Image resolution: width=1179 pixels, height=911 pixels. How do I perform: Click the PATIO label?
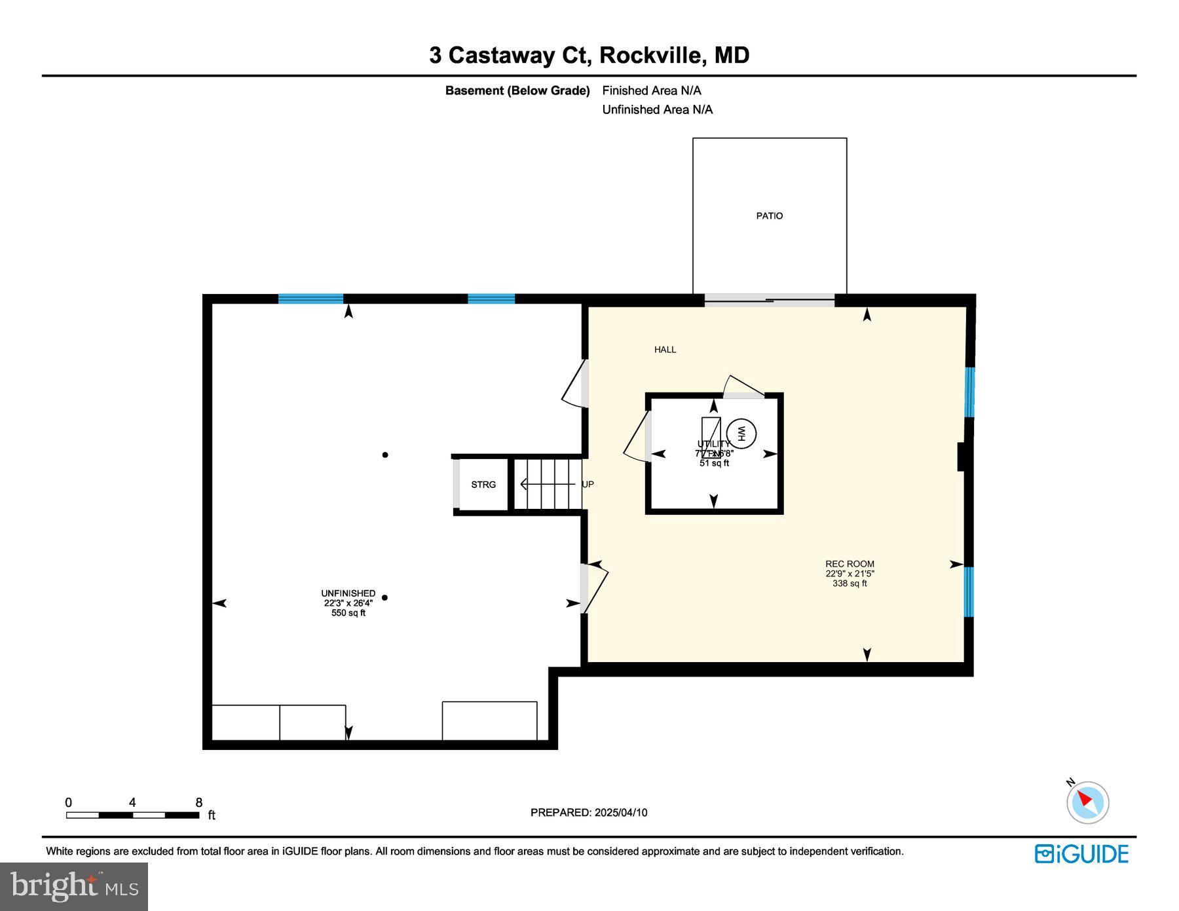[x=769, y=215]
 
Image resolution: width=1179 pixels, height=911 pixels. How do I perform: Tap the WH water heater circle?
[x=741, y=433]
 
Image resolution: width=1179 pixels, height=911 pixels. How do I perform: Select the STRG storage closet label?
[x=483, y=485]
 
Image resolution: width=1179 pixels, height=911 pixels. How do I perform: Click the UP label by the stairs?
[x=588, y=485]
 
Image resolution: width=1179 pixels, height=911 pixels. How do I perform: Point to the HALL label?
[x=665, y=350]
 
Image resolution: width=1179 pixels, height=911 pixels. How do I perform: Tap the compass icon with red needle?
[x=1087, y=802]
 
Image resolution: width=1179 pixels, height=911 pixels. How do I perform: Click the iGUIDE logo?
[x=1081, y=854]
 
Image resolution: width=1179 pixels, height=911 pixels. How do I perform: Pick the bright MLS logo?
[x=74, y=887]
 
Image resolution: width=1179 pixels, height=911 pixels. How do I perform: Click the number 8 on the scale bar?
[x=199, y=802]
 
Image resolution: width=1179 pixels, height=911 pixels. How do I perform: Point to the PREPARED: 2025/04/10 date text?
[x=589, y=813]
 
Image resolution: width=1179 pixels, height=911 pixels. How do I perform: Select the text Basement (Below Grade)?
[x=517, y=90]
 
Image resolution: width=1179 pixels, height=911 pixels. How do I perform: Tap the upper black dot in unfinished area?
[x=385, y=455]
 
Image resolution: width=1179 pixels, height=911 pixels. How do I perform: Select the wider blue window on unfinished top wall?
[x=310, y=299]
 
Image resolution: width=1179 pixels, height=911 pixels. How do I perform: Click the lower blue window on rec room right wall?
[x=969, y=592]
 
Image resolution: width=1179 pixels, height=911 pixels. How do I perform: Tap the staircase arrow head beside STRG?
[x=523, y=485]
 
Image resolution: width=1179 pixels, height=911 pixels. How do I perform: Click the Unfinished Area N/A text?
[x=657, y=109]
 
